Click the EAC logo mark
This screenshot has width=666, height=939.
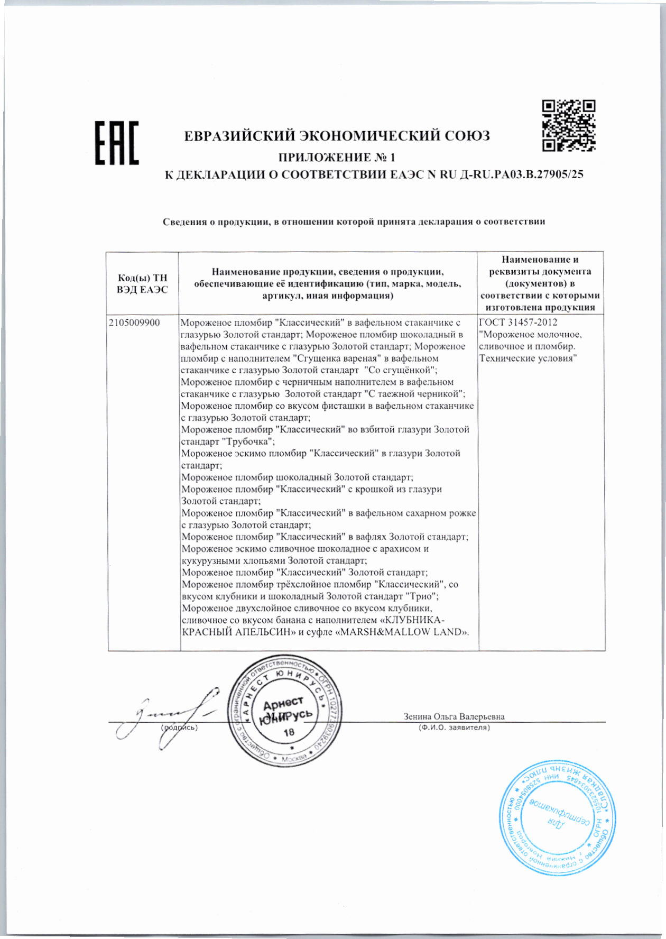(117, 143)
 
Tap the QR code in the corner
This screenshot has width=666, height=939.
(569, 126)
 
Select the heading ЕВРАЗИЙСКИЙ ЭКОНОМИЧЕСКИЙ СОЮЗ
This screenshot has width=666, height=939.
(337, 136)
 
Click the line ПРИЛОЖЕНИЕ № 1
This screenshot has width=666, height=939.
(337, 157)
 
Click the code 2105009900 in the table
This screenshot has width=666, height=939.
(135, 323)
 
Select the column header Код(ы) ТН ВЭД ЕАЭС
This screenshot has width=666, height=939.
(142, 284)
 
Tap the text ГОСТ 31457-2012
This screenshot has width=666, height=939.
(518, 323)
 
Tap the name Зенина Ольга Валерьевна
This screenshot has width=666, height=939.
(454, 717)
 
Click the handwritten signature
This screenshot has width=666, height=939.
(169, 716)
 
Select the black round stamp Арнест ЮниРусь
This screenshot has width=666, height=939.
(285, 717)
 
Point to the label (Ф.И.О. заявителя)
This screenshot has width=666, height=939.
(454, 728)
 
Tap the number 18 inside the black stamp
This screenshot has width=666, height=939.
(289, 733)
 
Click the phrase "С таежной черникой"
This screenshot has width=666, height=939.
(414, 394)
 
